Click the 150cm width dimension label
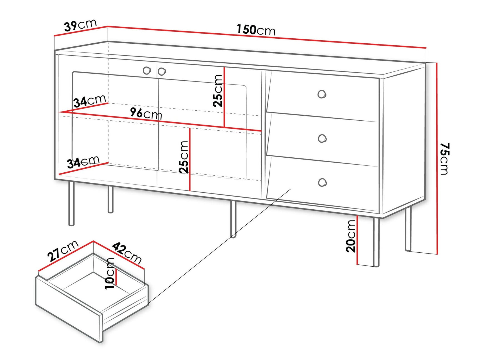click(x=256, y=30)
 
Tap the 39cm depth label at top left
click(x=80, y=26)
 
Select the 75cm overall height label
click(x=445, y=159)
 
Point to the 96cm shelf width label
click(x=146, y=113)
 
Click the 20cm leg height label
click(x=351, y=236)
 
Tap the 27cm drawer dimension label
click(x=63, y=251)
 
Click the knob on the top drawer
click(x=322, y=95)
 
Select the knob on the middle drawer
click(x=322, y=138)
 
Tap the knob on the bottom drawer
click(x=322, y=183)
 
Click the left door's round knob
click(x=147, y=71)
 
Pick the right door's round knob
click(x=162, y=72)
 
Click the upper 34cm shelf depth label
click(x=90, y=101)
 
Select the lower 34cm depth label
click(x=83, y=162)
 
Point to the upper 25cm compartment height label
click(x=218, y=91)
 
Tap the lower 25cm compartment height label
click(x=184, y=157)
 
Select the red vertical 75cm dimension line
click(x=437, y=158)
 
